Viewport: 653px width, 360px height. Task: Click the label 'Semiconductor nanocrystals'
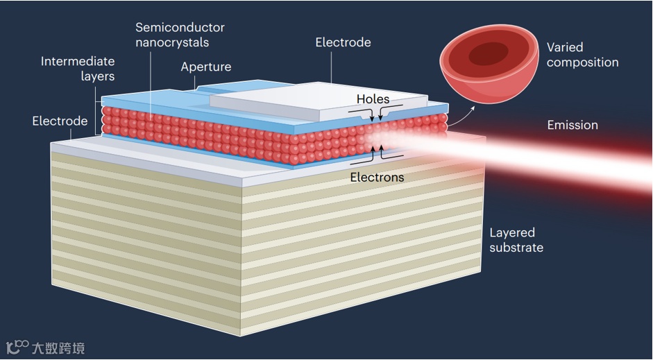coord(180,35)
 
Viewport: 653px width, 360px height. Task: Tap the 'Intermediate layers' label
coord(77,69)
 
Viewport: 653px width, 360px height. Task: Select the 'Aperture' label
coord(205,67)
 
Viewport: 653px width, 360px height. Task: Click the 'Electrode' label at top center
coord(343,42)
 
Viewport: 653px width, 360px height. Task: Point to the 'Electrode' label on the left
coord(60,121)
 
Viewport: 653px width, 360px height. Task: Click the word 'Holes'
coord(373,99)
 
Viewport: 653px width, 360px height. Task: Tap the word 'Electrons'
coord(377,177)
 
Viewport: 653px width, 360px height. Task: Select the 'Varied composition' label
coord(582,55)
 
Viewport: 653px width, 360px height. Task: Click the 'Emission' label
coord(572,125)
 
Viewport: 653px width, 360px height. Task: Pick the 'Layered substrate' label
coord(516,240)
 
